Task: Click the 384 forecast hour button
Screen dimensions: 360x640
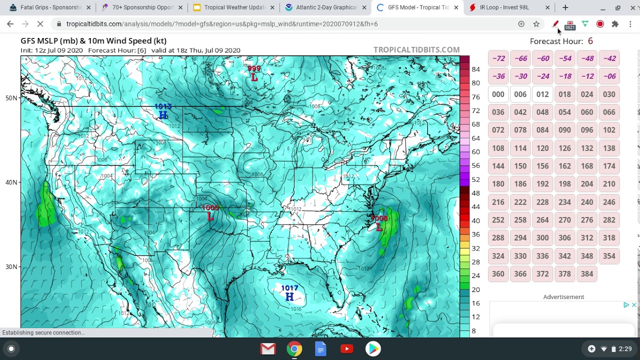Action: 586,274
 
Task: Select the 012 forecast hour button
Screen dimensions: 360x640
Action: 542,94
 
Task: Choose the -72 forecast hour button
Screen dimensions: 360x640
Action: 498,58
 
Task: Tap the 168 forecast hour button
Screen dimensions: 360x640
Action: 586,166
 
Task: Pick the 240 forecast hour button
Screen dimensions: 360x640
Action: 586,202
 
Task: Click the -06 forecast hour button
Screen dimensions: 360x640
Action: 609,76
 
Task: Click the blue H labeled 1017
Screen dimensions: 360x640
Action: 289,296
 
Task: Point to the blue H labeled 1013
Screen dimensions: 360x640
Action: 162,115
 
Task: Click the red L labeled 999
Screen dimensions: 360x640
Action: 254,77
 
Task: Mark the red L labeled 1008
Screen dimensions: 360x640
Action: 379,227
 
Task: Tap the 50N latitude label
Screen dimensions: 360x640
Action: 11,98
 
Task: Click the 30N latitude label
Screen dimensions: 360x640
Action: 11,267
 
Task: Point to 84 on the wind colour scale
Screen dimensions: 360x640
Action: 475,69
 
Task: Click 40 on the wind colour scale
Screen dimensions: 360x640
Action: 475,220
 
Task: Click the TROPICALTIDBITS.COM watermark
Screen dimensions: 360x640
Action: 416,50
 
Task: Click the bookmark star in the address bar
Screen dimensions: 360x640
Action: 536,24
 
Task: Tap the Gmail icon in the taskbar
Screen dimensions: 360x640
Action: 268,348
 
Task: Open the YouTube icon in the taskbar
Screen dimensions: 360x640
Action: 346,348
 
